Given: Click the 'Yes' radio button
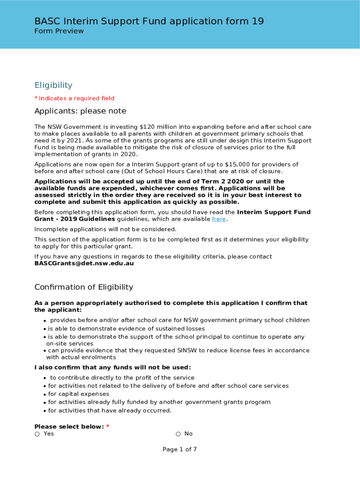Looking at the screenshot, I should point(37,434).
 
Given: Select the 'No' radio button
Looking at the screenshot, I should point(179,434).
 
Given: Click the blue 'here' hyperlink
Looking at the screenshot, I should point(219,219).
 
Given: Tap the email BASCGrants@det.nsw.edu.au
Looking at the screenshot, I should point(84,263).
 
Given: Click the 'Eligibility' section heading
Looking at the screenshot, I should point(53,85).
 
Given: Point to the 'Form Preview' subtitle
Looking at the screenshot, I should point(59,31).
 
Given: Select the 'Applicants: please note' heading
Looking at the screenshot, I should point(80,111).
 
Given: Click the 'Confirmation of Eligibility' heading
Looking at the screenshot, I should point(84,287).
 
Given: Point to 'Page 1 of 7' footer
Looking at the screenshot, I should point(180,450).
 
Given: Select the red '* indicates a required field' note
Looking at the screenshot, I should point(74,98).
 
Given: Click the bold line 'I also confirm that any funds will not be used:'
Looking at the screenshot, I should point(112,367).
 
